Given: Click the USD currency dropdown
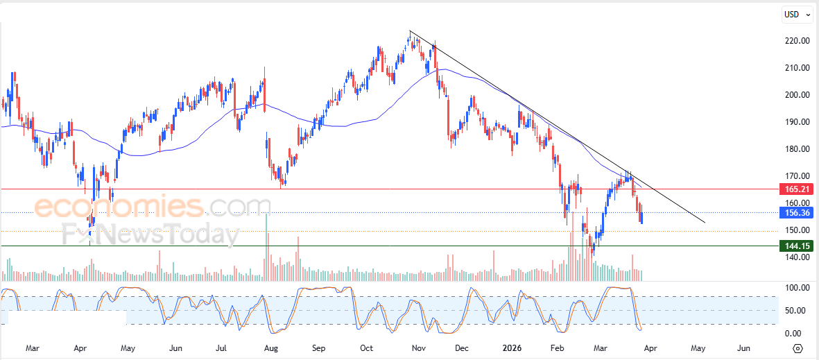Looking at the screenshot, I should click(x=796, y=14).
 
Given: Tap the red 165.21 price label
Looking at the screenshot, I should click(x=795, y=189).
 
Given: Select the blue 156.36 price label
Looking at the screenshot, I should click(x=795, y=213).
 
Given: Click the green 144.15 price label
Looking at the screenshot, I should click(x=795, y=246).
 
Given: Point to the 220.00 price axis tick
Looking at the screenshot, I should click(x=795, y=41).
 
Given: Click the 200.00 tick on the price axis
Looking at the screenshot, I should click(x=795, y=95).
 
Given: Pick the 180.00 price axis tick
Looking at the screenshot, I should click(x=795, y=149).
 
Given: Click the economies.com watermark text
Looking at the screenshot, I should click(x=153, y=207).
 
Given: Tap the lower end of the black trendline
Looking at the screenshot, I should click(x=705, y=223).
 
